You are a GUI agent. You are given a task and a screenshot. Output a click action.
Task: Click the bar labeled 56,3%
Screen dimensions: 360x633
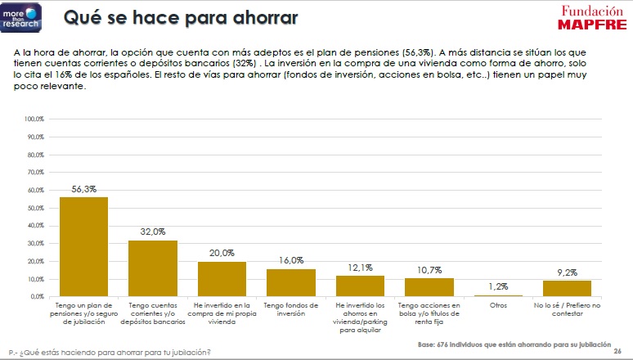(x=84, y=246)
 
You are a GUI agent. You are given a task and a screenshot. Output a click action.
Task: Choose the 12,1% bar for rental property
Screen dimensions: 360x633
(x=360, y=286)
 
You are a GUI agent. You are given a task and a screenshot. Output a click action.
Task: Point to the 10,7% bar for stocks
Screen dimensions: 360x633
(x=429, y=287)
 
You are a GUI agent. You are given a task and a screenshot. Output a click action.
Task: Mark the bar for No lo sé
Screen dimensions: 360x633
(x=567, y=288)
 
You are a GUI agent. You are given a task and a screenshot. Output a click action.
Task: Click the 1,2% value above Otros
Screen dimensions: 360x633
(x=498, y=286)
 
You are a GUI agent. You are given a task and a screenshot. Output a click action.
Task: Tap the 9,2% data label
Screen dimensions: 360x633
(x=567, y=272)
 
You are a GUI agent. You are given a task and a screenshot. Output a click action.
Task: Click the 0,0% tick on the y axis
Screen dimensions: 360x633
(x=36, y=296)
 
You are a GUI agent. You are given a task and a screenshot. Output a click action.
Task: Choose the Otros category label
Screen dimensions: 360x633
(x=498, y=305)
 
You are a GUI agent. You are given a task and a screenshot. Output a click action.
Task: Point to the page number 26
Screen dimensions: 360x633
(x=617, y=348)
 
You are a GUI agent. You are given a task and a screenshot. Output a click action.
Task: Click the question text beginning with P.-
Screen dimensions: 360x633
(x=109, y=353)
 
